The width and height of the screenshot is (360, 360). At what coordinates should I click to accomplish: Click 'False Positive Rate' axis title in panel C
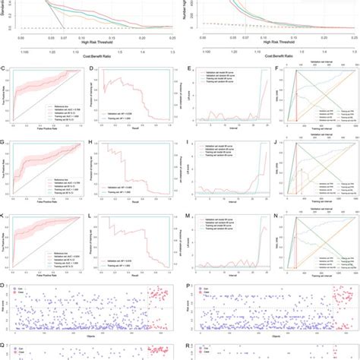(x=46, y=130)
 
